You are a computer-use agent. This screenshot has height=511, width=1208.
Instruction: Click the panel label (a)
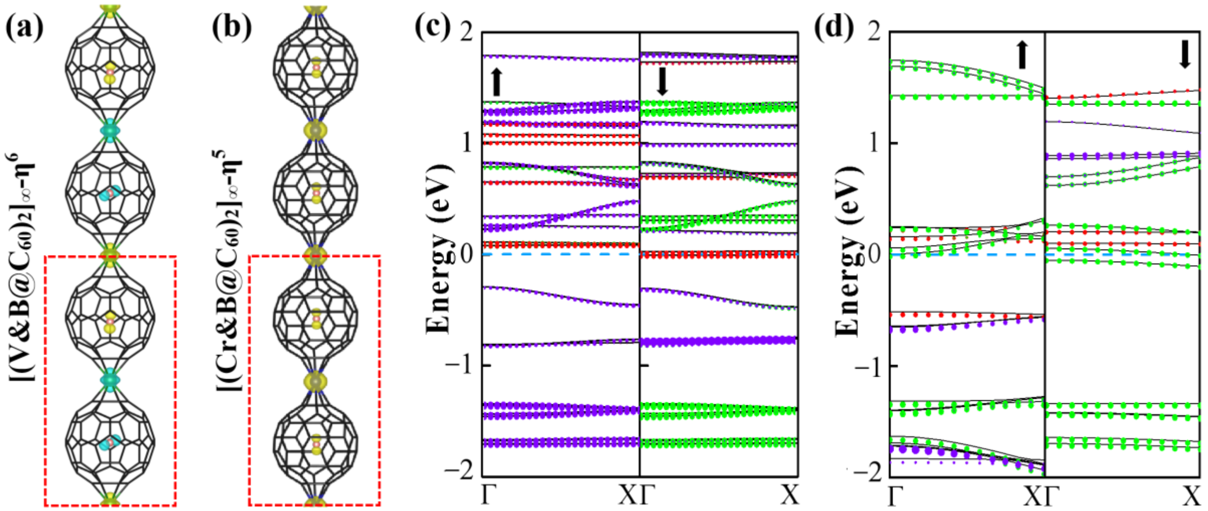click(x=24, y=27)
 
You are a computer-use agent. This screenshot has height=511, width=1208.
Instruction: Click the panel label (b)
click(x=231, y=27)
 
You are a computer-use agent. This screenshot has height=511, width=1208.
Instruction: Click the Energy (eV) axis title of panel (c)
click(x=439, y=249)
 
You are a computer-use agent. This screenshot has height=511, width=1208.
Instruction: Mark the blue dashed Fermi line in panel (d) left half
click(x=966, y=255)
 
